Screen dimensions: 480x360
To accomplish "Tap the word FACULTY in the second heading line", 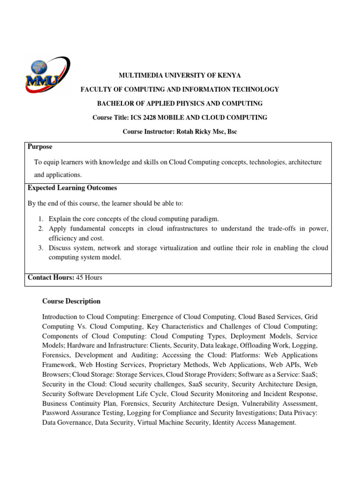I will coord(95,89).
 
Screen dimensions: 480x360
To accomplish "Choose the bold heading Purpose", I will coord(40,147).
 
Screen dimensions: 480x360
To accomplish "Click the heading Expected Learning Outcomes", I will coord(72,188).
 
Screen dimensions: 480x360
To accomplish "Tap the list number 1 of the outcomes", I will coord(41,219).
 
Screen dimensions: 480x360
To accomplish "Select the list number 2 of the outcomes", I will coord(41,228).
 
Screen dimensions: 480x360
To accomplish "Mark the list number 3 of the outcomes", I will coord(41,247).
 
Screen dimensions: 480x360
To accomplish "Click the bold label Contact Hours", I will coord(51,277).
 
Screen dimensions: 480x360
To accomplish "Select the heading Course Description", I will coord(71,301).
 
